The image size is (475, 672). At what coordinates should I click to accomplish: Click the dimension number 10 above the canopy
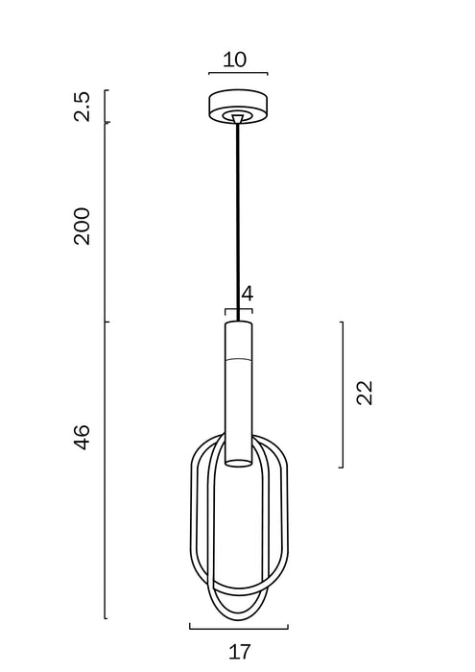coord(235,60)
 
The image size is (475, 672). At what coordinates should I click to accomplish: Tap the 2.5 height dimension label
coord(82,107)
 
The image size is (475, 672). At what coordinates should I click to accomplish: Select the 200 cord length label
coord(82,227)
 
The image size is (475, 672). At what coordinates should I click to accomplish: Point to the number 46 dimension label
coord(82,437)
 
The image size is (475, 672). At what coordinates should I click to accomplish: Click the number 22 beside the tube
coord(365,393)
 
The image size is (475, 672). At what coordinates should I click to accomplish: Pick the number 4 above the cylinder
coord(248,294)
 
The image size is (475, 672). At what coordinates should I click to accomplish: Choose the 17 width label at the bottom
coord(239,652)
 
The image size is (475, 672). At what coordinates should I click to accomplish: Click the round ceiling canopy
coord(238,108)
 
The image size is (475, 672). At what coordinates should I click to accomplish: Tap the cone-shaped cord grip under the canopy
coord(238,119)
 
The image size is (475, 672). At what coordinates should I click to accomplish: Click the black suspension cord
coord(238,222)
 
